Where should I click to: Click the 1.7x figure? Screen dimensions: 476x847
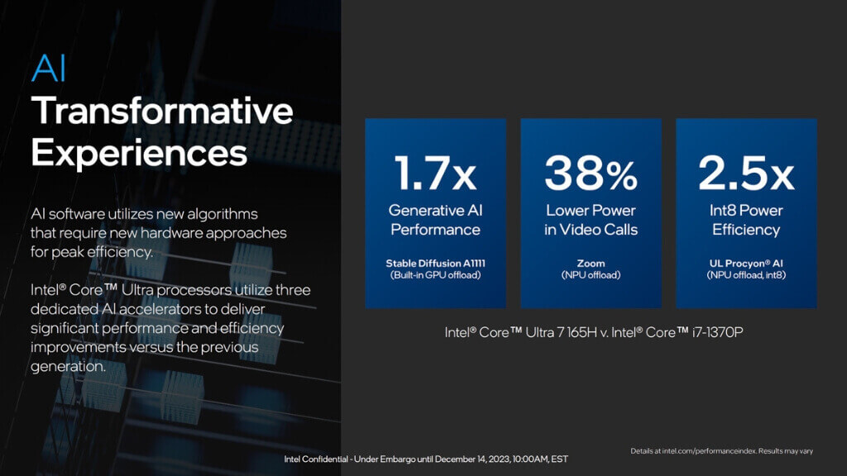435,174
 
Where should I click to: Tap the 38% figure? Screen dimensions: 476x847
591,174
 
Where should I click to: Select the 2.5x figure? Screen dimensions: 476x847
746,174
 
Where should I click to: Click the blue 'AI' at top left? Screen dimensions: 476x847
48,69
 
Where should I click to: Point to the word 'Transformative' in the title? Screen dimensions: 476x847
162,111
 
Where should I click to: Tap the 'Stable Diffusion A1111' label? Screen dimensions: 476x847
435,264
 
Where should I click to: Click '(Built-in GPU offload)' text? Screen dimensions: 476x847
435,275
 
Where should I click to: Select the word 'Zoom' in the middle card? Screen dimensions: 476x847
591,264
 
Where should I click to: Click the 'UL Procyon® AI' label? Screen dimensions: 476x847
746,264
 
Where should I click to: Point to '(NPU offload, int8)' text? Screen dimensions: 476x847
746,275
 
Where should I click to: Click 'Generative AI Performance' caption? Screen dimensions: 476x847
435,220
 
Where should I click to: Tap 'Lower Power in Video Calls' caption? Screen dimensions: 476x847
591,220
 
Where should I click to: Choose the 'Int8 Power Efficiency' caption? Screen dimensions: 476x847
746,220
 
